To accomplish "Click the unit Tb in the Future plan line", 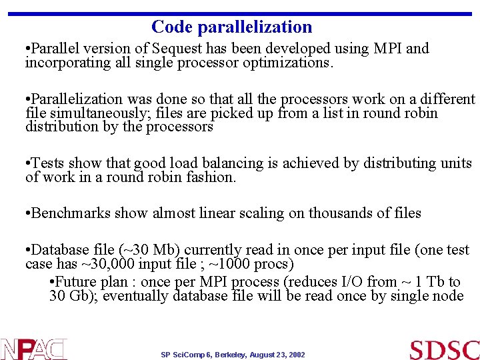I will pos(437,282).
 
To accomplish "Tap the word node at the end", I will pos(447,296).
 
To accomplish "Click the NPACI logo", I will pos(33,349).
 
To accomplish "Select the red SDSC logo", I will pos(444,349).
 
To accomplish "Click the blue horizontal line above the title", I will pos(240,14).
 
